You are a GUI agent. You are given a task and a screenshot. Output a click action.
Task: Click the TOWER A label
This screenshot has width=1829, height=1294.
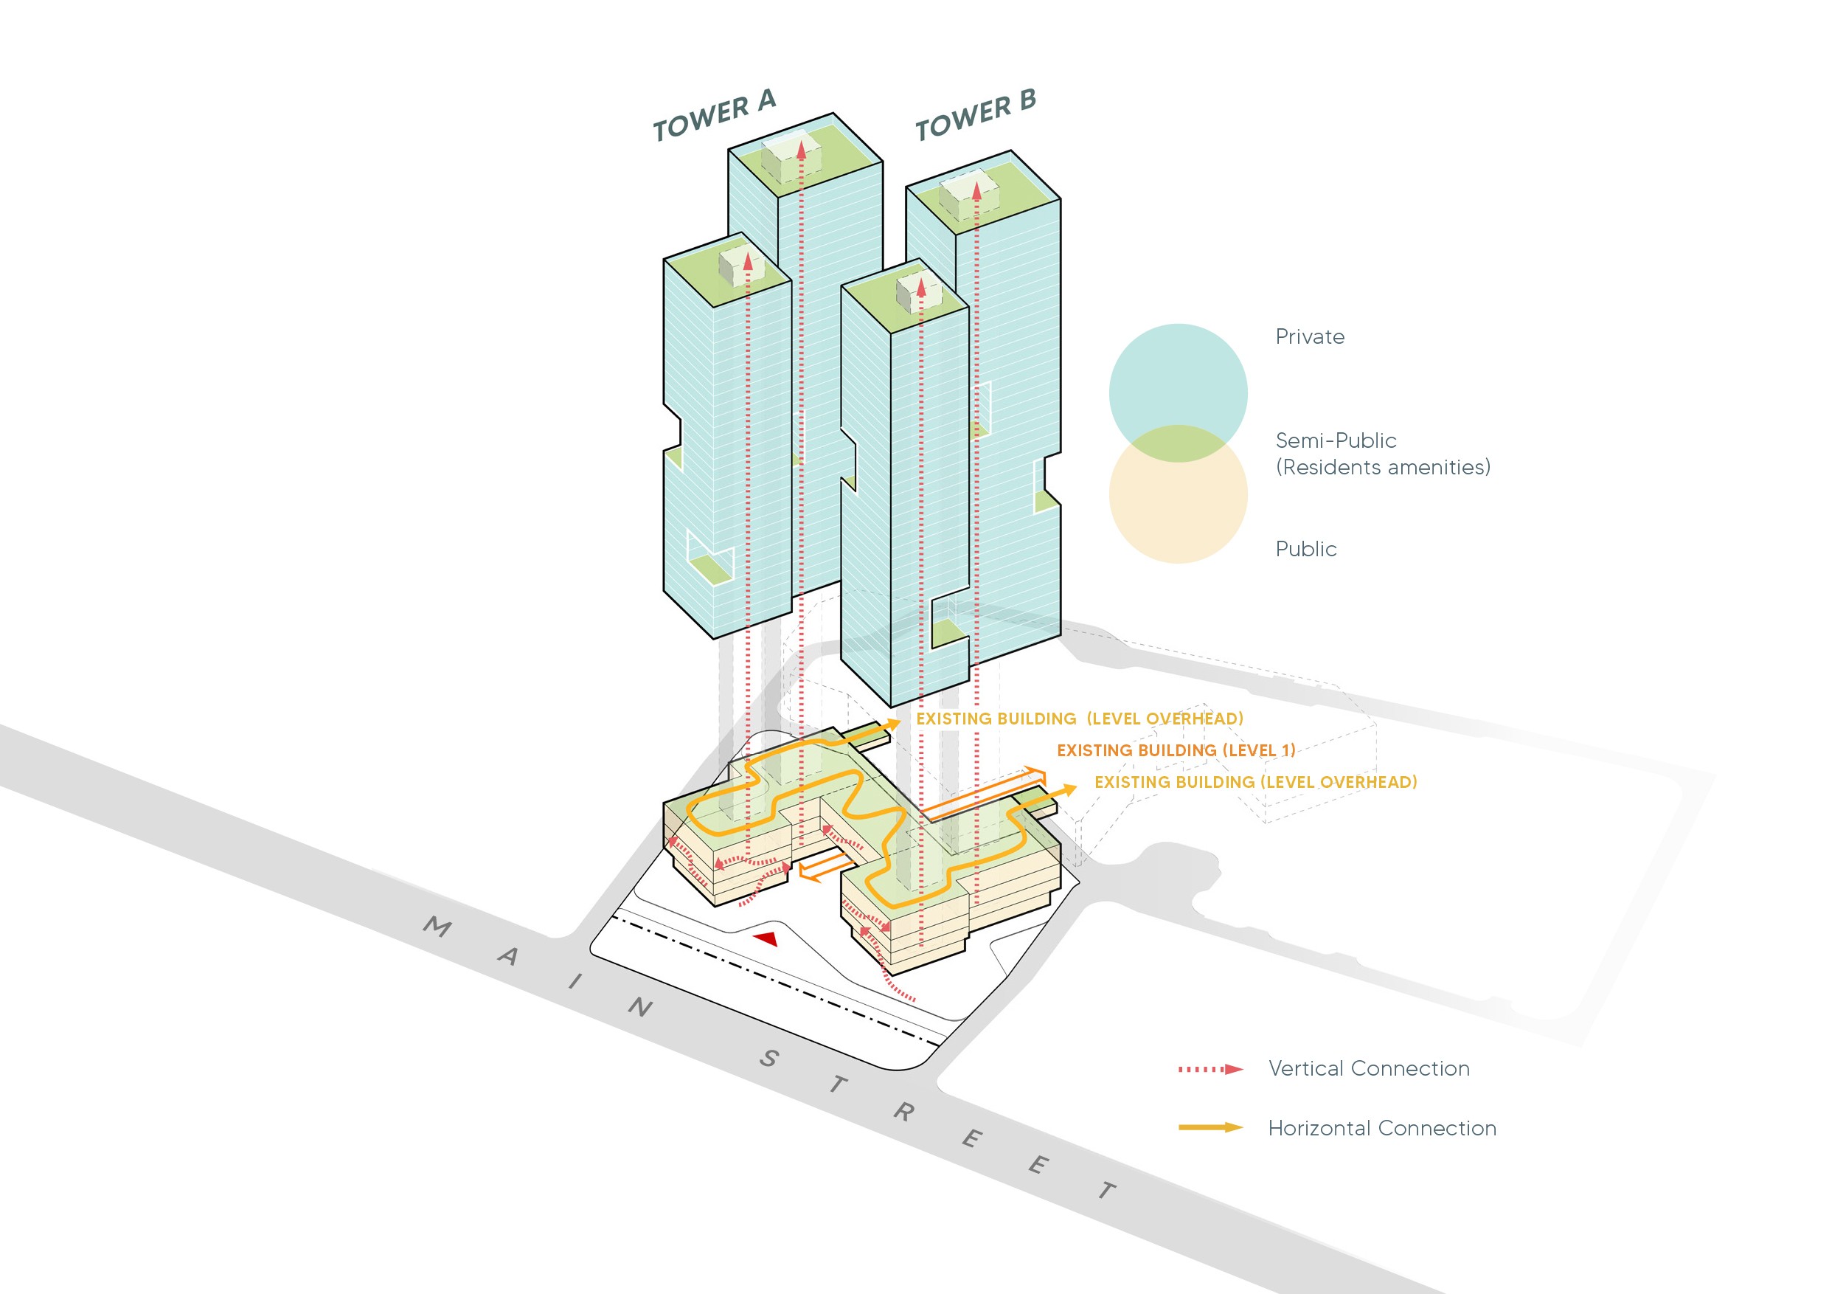point(714,116)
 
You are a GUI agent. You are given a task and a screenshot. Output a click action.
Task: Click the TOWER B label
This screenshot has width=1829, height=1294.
point(975,116)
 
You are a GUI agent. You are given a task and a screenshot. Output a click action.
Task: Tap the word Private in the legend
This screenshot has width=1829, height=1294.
point(1309,337)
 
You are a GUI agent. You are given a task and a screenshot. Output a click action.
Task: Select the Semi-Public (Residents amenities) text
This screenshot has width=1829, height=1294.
point(1382,454)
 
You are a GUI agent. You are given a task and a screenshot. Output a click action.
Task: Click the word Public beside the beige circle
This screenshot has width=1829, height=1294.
point(1305,549)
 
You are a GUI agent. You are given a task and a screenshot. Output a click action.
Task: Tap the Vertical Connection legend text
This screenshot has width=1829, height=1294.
point(1369,1068)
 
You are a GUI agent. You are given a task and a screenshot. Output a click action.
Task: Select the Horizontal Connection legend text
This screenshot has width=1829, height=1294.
point(1381,1128)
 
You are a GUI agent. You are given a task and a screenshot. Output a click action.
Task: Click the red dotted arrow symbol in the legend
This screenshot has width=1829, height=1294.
point(1210,1069)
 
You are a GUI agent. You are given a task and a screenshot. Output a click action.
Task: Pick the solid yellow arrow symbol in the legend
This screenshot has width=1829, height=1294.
point(1210,1127)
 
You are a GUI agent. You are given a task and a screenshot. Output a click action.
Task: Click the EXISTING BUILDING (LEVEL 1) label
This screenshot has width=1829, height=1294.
point(1175,750)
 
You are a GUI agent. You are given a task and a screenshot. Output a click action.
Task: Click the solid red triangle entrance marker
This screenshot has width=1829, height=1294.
point(766,938)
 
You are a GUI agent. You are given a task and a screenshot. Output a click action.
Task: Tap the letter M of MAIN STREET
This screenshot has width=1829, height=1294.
point(437,927)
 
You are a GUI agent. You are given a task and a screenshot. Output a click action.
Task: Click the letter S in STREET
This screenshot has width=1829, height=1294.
point(768,1059)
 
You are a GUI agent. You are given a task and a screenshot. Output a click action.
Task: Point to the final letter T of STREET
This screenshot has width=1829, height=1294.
point(1107,1191)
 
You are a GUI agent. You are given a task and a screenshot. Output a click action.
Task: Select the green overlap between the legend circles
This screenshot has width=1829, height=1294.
point(1177,444)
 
